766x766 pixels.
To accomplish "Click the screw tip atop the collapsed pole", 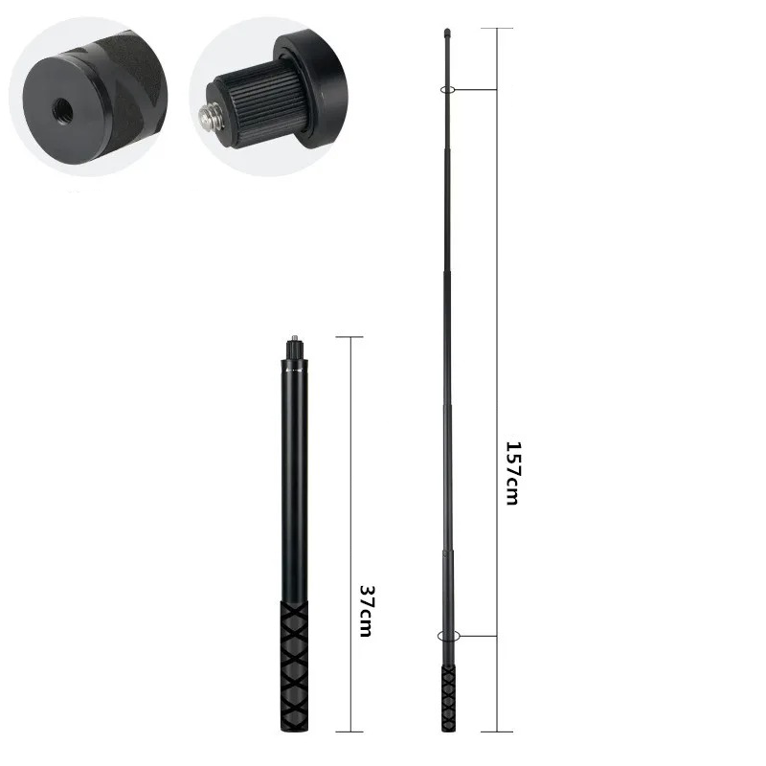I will (x=294, y=341).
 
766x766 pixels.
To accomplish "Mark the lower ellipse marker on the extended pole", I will (x=448, y=636).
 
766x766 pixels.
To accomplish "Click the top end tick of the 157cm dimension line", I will (x=497, y=29).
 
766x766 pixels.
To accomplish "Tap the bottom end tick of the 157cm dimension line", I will (x=497, y=732).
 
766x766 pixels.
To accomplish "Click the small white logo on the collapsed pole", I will (x=294, y=367).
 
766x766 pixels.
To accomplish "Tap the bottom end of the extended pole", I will (x=448, y=730).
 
